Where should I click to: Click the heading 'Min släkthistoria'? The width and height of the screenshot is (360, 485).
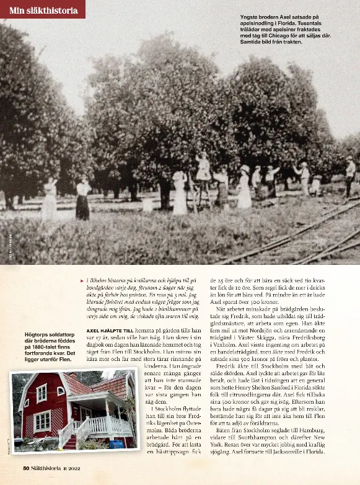(x=43, y=10)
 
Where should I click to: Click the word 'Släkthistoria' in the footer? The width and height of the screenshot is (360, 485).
(x=52, y=467)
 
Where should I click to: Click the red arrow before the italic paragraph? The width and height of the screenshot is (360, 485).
(x=82, y=281)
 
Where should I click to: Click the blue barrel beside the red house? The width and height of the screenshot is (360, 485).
(x=116, y=444)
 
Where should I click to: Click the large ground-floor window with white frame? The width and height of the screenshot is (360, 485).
(x=42, y=421)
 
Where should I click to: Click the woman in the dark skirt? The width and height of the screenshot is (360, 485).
(x=82, y=201)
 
